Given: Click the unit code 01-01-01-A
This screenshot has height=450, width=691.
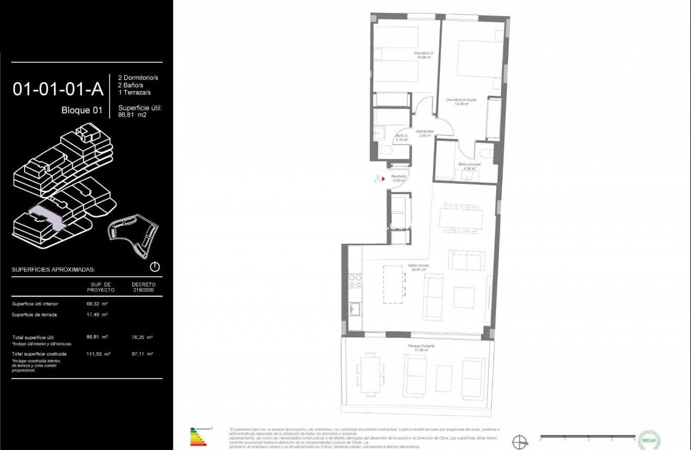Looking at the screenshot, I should click(x=58, y=89).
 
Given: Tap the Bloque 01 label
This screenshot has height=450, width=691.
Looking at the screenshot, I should click(x=82, y=111).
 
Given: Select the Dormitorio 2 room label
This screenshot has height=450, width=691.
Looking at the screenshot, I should click(x=423, y=56).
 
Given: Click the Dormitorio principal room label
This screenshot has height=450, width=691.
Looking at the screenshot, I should click(x=457, y=102).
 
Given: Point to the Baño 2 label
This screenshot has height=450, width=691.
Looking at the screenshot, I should click(x=402, y=138).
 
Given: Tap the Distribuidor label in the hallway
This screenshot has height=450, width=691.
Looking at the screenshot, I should click(x=424, y=133).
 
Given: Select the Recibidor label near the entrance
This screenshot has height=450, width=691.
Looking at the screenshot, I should click(x=399, y=179).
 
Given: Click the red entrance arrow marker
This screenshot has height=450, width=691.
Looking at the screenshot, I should click(x=383, y=179).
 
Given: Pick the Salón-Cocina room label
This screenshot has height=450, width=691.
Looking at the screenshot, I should click(x=419, y=268).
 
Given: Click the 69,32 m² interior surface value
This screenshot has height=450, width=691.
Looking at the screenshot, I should click(x=97, y=304).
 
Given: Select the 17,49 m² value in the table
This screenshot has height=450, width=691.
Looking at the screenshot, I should click(x=97, y=315).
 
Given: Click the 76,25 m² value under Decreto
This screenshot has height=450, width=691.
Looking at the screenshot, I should click(x=142, y=337).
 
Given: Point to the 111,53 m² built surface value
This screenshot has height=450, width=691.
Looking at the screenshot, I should click(x=98, y=354).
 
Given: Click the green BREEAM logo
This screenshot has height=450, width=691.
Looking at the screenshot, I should click(x=650, y=439).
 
